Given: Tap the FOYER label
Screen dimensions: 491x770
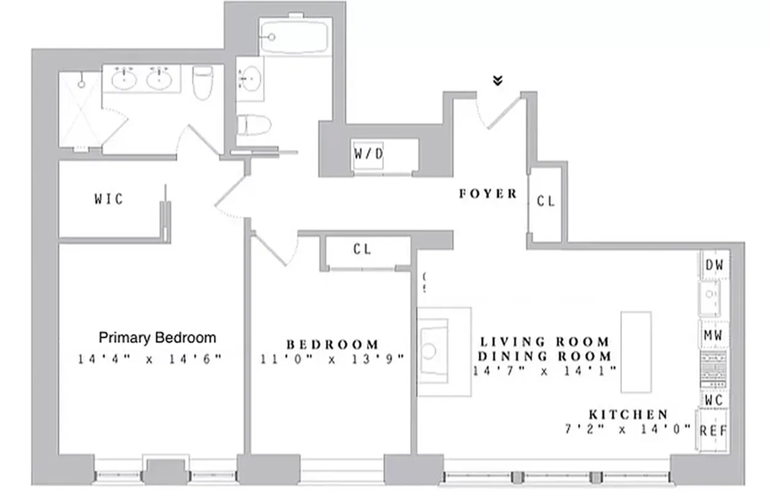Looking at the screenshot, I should pos(488,194).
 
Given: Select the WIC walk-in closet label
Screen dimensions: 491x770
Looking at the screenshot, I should pos(108,199).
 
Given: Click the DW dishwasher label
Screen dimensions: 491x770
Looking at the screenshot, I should pos(713,265).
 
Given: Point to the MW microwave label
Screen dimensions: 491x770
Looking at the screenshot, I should pos(713,336).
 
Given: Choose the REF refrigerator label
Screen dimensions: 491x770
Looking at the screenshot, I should pos(713,431).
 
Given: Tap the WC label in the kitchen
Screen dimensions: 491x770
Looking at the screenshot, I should pos(713,400).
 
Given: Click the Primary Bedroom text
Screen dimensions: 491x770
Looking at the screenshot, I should pos(157,338).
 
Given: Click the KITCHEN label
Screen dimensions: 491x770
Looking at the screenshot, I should pos(628,415).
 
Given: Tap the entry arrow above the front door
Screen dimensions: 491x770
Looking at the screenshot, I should pos(498,80).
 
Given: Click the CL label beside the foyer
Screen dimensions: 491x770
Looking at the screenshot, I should pos(546,201).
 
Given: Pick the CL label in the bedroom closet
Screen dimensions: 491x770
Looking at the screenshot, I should pos(362,249).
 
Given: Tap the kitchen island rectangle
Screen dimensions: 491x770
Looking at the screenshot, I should pos(635,352).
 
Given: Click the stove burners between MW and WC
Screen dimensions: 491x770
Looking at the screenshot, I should pos(713,368).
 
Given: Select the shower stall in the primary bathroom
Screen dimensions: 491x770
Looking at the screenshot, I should pos(80,110).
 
